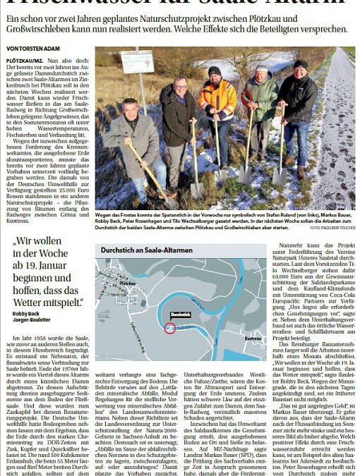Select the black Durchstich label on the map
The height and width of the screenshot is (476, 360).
click(181, 314)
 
